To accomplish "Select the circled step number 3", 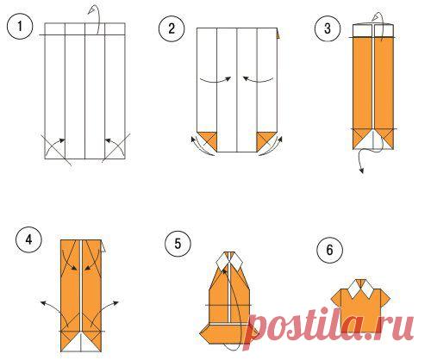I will [x=327, y=29].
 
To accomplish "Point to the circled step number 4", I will [x=28, y=240].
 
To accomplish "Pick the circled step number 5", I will [x=178, y=244].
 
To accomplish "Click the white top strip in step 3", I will [x=373, y=31].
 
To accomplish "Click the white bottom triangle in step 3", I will [x=373, y=138].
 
